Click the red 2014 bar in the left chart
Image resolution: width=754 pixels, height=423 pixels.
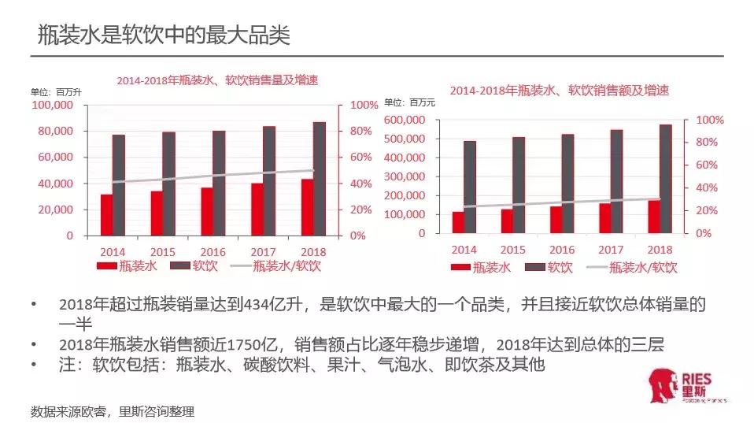(x=106, y=214)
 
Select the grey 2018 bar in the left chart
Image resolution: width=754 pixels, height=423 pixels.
(x=319, y=179)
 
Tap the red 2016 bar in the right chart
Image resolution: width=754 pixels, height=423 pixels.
(x=556, y=220)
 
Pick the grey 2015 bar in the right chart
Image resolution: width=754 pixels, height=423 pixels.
(x=519, y=185)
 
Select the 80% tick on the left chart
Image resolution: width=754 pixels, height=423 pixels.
(x=362, y=131)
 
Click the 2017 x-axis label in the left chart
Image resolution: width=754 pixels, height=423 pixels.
(x=264, y=251)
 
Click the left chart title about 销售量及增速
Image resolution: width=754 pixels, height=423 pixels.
(x=223, y=80)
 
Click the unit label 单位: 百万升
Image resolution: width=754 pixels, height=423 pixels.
(x=56, y=91)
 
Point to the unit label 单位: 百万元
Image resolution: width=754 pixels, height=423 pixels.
(x=409, y=102)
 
